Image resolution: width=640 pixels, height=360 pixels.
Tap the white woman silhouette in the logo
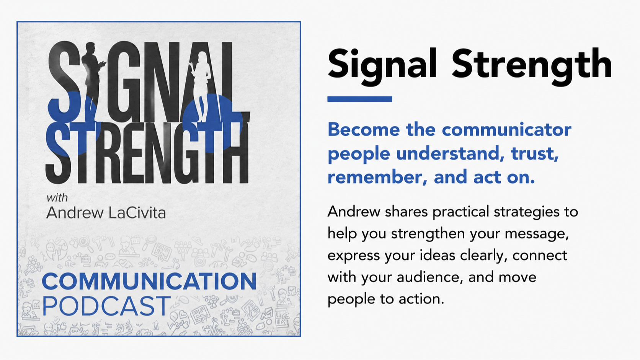click(x=201, y=86)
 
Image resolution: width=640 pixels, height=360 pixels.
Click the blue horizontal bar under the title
click(x=360, y=99)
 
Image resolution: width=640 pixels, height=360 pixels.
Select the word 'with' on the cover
click(x=57, y=197)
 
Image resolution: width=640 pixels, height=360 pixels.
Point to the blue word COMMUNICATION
click(x=149, y=282)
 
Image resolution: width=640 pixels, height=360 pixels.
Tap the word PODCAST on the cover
click(x=106, y=306)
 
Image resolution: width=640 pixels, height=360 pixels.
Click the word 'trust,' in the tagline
click(x=535, y=153)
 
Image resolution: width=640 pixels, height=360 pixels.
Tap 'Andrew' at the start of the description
click(x=354, y=212)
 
